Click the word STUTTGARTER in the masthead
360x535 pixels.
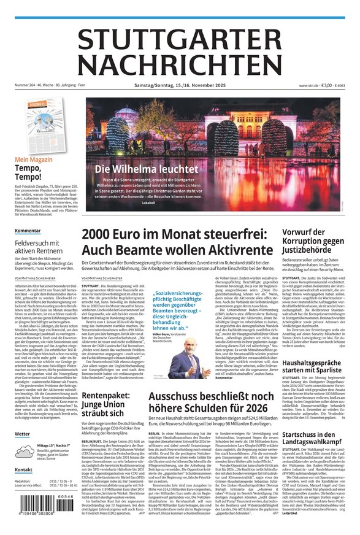[180, 40]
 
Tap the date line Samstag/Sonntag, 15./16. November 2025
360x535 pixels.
[179, 85]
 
